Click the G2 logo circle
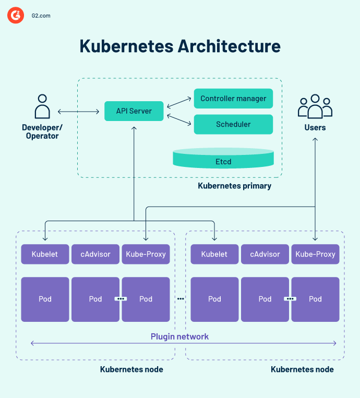[x=16, y=16]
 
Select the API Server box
[x=134, y=111]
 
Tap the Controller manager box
[x=233, y=99]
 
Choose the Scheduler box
[x=233, y=125]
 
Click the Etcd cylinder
[x=223, y=160]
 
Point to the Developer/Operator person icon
[x=42, y=107]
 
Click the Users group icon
[x=315, y=106]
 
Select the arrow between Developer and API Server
[x=79, y=112]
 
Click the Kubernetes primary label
[x=234, y=186]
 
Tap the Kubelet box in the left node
[x=45, y=255]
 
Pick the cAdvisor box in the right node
[x=265, y=255]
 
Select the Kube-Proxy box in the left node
[x=146, y=255]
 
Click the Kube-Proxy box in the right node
[x=315, y=255]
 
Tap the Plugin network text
[x=179, y=336]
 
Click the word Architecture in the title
[x=229, y=46]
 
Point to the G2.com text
[x=40, y=16]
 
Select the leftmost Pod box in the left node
[x=45, y=299]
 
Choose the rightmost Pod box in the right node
[x=315, y=299]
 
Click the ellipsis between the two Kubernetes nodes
[x=181, y=299]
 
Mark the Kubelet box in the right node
[x=214, y=255]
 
